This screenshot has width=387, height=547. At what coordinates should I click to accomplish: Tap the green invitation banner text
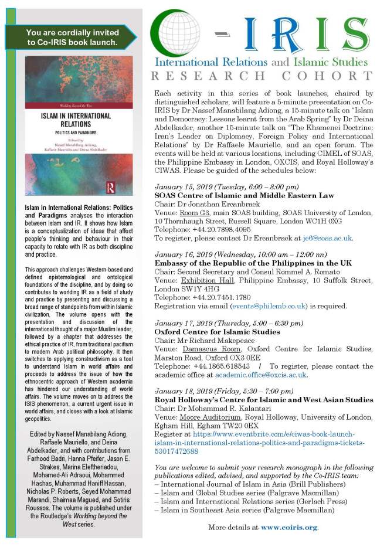click(72, 38)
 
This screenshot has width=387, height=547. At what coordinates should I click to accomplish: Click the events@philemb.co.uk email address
click(264, 305)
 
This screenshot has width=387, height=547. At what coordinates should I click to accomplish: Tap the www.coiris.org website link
click(289, 527)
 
